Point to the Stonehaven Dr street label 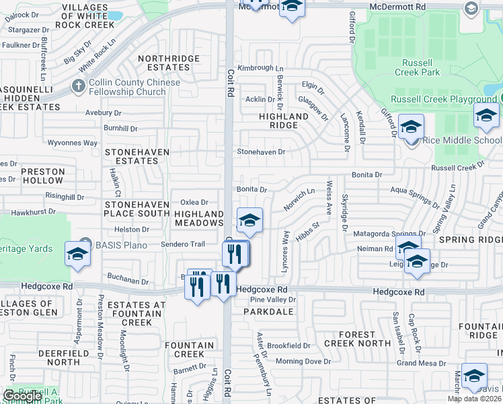click(x=261, y=152)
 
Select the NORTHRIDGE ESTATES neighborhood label click(x=169, y=63)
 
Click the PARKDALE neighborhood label click(x=265, y=312)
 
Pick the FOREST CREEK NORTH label click(x=357, y=339)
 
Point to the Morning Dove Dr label click(x=303, y=362)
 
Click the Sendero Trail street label click(x=182, y=244)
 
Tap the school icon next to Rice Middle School click(x=411, y=126)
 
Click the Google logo click(x=22, y=396)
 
